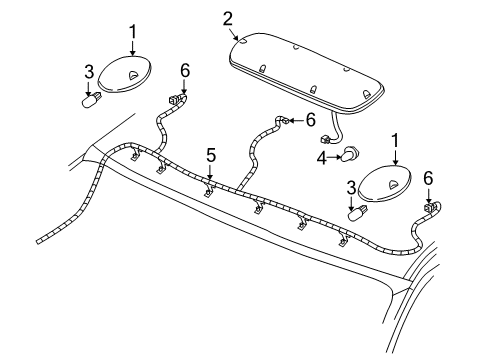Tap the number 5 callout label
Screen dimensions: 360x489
tap(211, 155)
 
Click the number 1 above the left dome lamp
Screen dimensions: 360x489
tap(132, 32)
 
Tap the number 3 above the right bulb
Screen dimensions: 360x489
tap(350, 187)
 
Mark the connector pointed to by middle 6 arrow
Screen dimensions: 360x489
tap(284, 122)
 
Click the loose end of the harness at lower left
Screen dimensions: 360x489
tap(40, 240)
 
